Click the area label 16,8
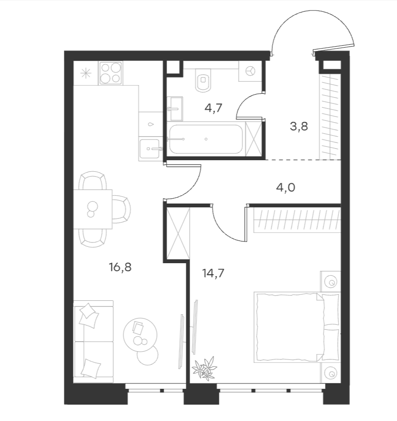tap(120, 268)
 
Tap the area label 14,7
tap(213, 273)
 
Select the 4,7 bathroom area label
tap(214, 108)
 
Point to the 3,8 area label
tap(299, 126)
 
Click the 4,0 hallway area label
tap(286, 188)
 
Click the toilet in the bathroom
tap(204, 80)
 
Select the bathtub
tap(206, 139)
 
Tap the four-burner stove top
tap(110, 73)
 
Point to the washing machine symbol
tap(251, 71)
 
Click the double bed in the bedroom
tap(297, 327)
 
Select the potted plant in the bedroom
tap(205, 369)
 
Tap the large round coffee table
tap(140, 335)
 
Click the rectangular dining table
tap(93, 209)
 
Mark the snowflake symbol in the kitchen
tap(86, 73)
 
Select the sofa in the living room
tap(93, 341)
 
